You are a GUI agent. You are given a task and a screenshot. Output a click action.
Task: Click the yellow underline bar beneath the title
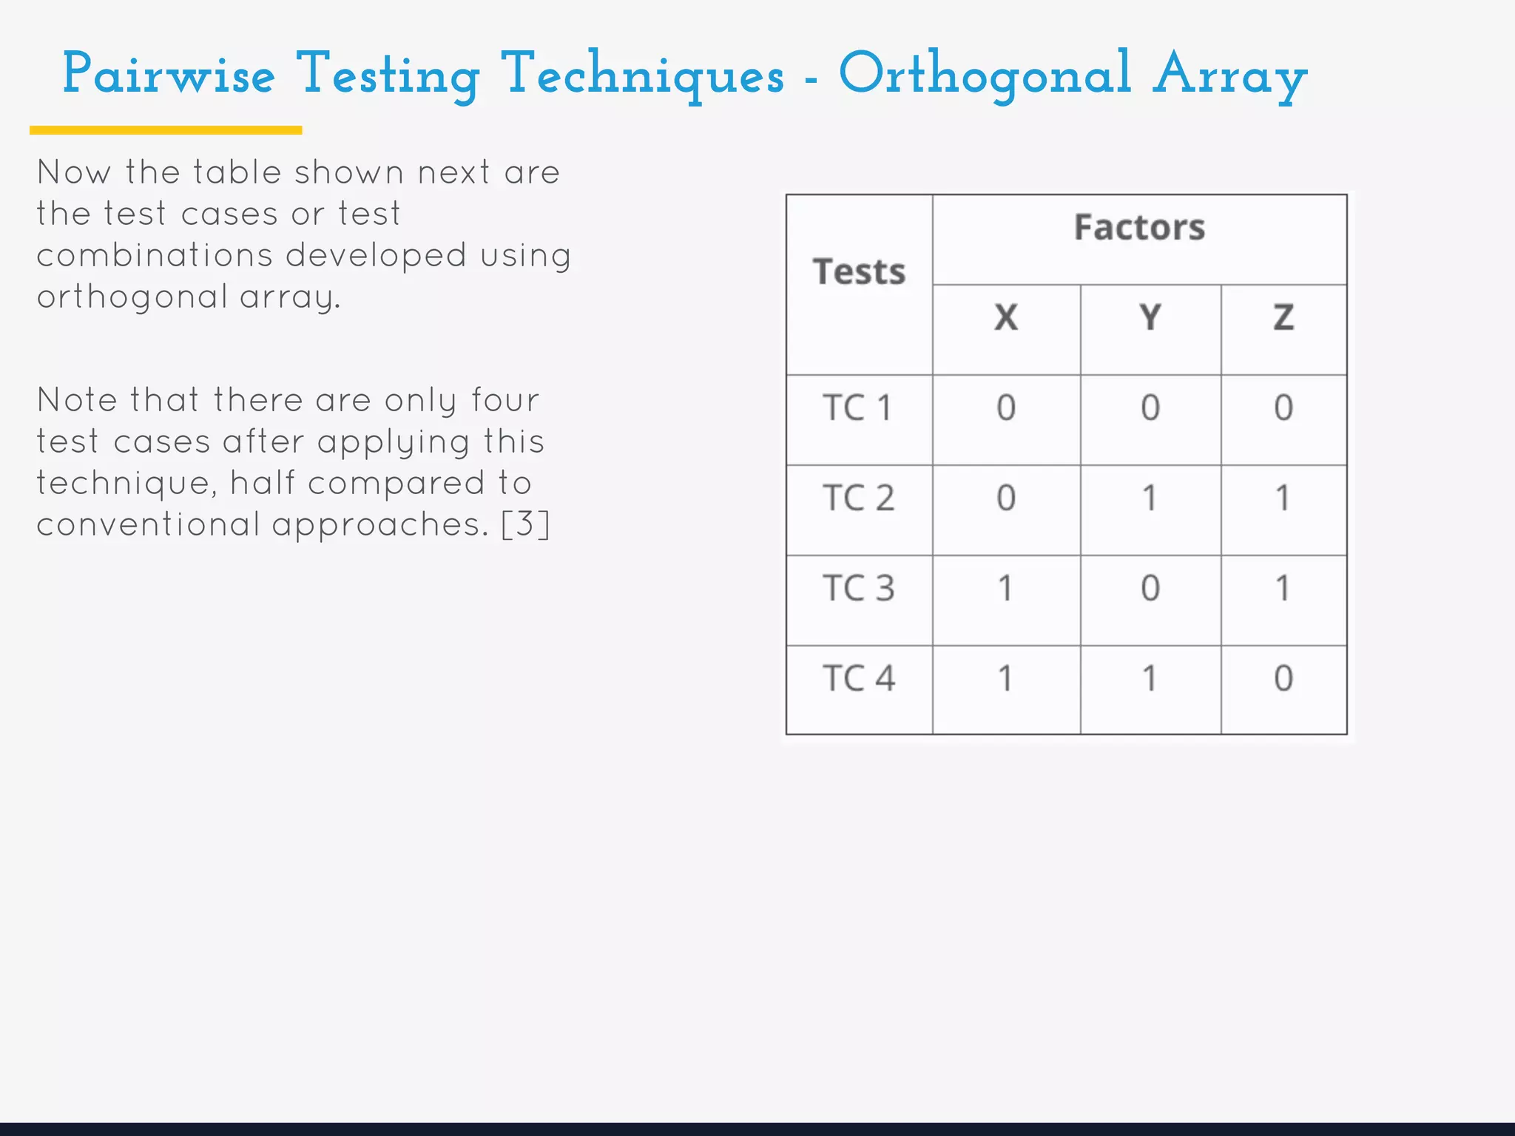point(166,130)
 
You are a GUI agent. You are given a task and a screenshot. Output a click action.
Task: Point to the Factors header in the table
point(1139,228)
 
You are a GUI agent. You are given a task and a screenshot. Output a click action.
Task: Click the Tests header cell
point(859,272)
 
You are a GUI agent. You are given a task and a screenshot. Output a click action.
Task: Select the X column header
point(1005,318)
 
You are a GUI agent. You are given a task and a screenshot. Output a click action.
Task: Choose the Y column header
point(1150,318)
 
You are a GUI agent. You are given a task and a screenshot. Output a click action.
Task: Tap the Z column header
point(1283,318)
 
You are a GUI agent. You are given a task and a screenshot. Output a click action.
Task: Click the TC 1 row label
point(858,408)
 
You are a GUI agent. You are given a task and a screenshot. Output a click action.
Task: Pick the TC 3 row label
point(858,589)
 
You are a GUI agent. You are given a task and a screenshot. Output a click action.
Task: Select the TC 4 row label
point(858,679)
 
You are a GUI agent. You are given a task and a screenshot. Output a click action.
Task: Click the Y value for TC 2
point(1150,498)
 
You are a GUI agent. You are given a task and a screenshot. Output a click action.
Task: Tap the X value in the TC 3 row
point(1005,589)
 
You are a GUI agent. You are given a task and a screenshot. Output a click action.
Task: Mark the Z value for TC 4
point(1283,679)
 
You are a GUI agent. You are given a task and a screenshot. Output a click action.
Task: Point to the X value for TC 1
point(1005,408)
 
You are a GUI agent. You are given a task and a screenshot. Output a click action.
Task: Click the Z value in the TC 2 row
point(1283,498)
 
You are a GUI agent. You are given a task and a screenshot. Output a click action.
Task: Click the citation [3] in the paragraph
point(525,525)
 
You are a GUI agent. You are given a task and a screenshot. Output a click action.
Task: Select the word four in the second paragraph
point(505,401)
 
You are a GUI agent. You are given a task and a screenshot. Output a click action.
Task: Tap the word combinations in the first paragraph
point(155,256)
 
